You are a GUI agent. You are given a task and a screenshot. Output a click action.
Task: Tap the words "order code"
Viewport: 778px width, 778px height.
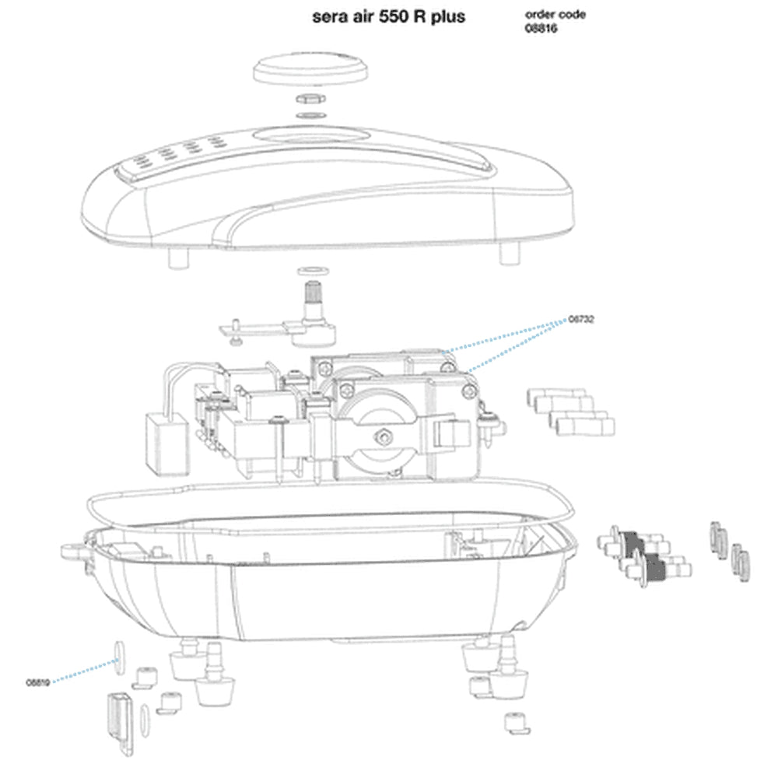pos(555,15)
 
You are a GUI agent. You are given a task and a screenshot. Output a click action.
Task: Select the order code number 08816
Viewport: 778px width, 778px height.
pos(542,29)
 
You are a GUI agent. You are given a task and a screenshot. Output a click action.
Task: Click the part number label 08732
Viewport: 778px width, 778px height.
pos(581,319)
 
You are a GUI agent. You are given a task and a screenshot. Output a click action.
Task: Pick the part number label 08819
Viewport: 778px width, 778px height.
pos(38,682)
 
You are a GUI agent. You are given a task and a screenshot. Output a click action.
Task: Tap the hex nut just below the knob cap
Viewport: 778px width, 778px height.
pos(309,100)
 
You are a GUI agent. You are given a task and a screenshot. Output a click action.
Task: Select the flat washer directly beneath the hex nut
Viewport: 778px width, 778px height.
pos(309,116)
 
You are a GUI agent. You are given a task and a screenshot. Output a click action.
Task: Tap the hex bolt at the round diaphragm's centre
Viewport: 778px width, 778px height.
pos(382,433)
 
